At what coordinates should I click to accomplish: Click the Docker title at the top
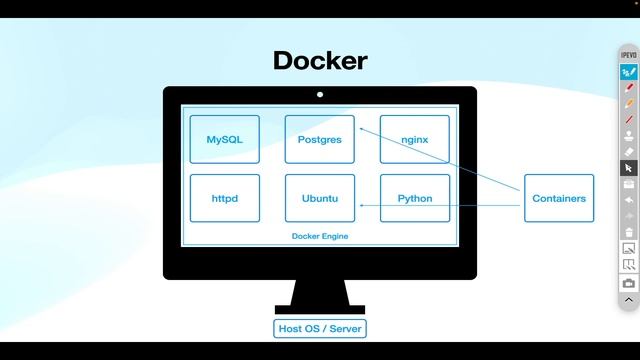click(x=320, y=60)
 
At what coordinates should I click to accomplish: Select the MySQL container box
click(x=225, y=140)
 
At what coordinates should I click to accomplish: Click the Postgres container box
click(x=320, y=140)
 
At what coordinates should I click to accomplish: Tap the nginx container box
click(x=414, y=140)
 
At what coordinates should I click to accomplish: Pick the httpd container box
click(x=225, y=198)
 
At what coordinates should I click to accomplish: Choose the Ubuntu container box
click(x=320, y=198)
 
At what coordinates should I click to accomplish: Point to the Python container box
click(x=414, y=198)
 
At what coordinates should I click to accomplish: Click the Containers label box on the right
click(x=559, y=198)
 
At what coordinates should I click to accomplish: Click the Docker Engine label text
click(x=320, y=236)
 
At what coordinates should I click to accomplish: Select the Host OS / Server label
click(x=320, y=328)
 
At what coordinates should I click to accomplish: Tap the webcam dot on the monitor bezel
click(x=320, y=95)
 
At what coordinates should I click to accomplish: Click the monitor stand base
click(x=320, y=308)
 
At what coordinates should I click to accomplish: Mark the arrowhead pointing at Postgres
click(x=362, y=128)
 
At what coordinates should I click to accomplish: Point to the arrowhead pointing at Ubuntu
click(x=361, y=206)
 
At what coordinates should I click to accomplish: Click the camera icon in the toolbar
click(x=629, y=283)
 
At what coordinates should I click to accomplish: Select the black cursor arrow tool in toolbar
click(x=629, y=168)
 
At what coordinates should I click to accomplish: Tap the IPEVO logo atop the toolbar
click(x=629, y=55)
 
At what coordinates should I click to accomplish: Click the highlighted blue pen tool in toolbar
click(x=629, y=72)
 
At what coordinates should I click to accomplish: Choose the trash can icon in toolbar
click(x=629, y=231)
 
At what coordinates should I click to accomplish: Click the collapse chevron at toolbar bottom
click(x=629, y=299)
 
